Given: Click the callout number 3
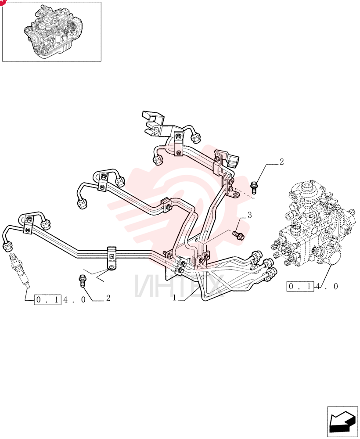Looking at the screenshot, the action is click(249, 215).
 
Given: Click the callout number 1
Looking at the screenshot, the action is click(175, 298).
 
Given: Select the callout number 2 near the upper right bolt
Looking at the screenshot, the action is click(281, 162).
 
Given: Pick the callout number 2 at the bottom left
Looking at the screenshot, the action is click(108, 298).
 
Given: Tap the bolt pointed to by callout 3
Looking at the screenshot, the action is click(238, 235).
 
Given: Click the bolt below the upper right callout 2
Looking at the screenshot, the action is click(255, 187).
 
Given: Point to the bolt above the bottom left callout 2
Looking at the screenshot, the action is click(83, 281).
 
